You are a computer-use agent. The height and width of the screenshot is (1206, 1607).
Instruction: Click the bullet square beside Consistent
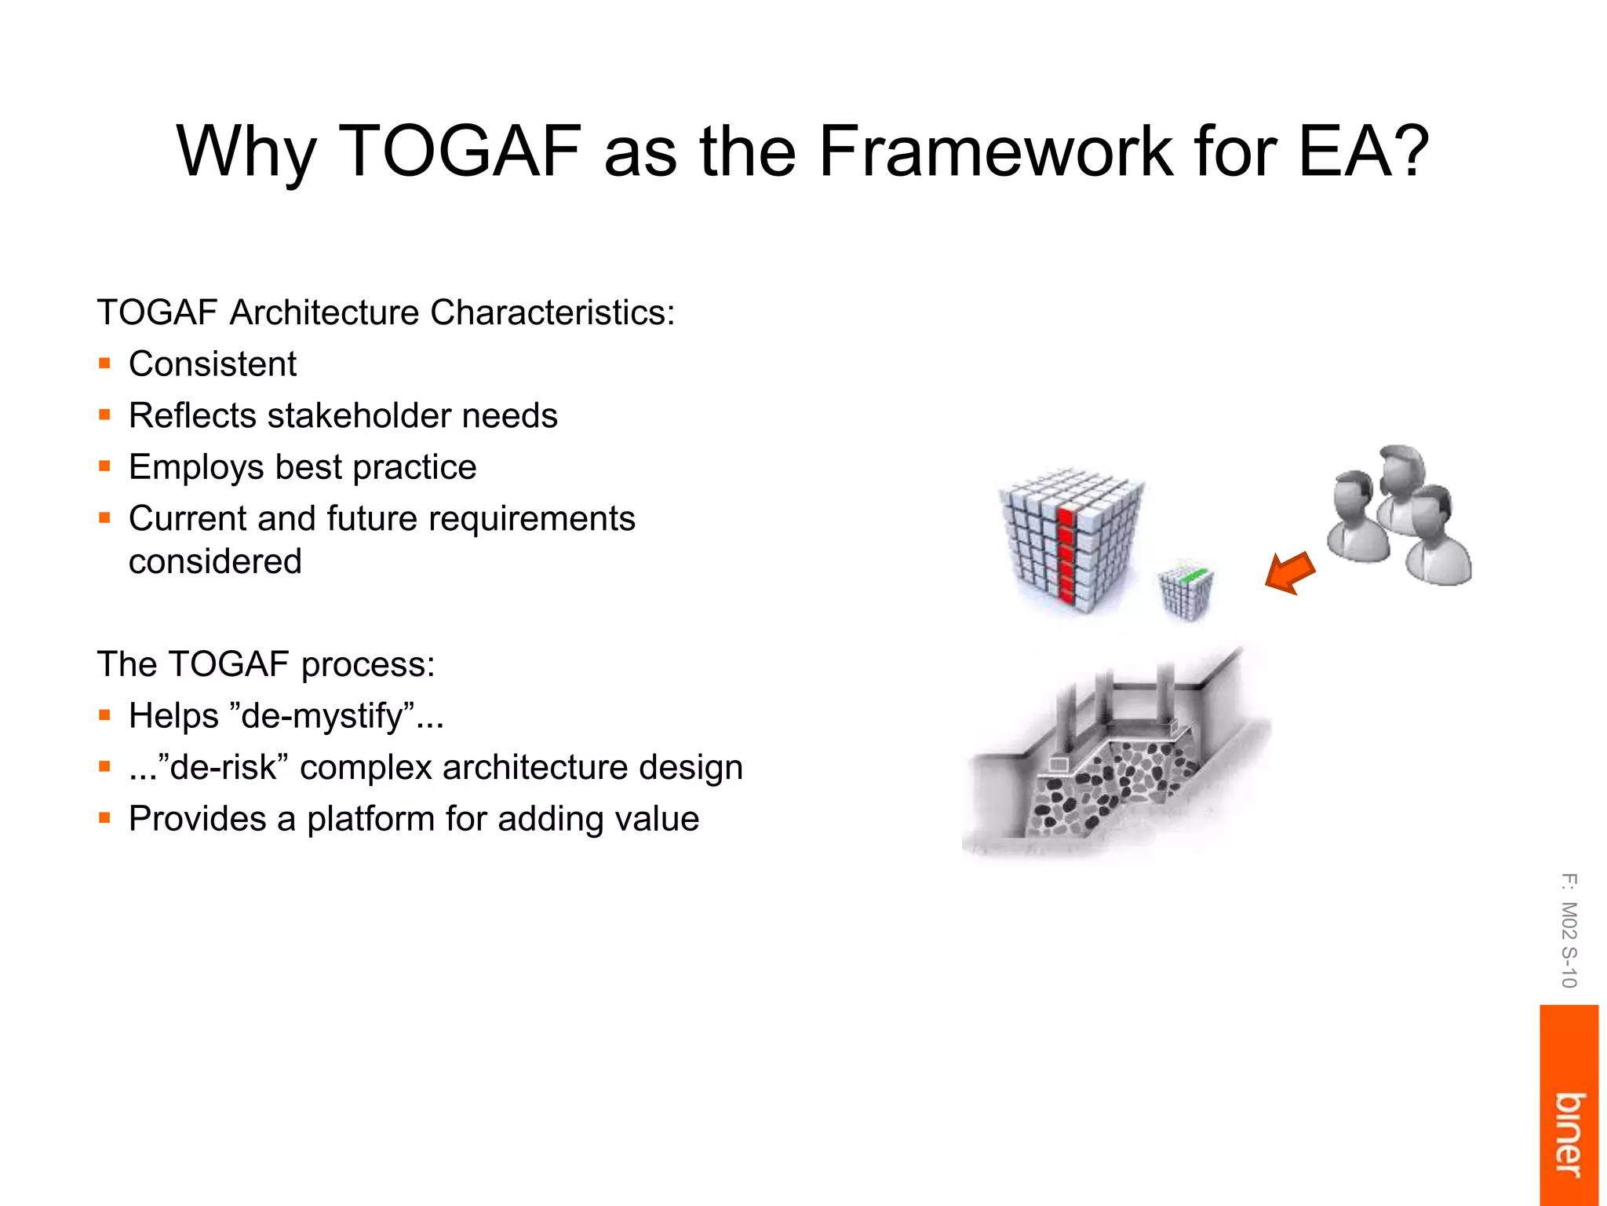point(104,364)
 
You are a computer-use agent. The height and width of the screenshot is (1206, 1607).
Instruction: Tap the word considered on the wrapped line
point(215,561)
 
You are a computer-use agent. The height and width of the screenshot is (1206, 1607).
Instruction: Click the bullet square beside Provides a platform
point(104,818)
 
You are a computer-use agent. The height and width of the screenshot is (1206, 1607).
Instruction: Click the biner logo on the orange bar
point(1569,1135)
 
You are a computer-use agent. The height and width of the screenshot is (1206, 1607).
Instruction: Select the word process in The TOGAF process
point(367,665)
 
